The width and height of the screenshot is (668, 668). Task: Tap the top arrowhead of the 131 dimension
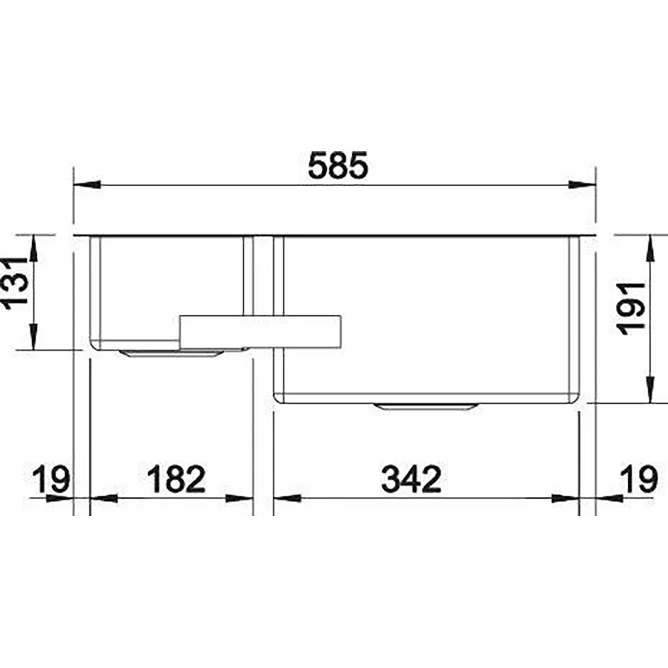coord(34,248)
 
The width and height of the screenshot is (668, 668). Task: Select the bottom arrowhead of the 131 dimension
coord(34,337)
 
